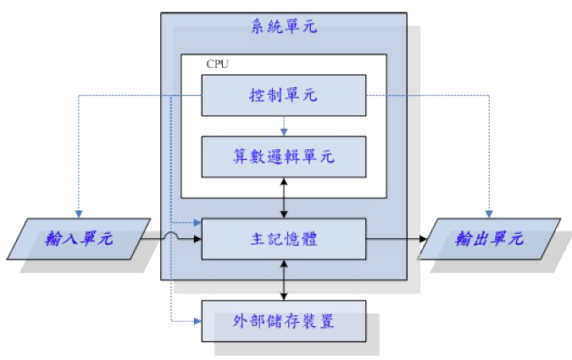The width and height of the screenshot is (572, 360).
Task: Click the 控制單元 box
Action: pos(283,95)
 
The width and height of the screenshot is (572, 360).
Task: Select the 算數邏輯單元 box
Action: pos(283,157)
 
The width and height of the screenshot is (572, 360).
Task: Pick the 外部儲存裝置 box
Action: pos(283,321)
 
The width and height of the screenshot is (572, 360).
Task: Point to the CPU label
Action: pos(218,64)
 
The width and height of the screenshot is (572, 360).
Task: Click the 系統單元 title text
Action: pos(283,26)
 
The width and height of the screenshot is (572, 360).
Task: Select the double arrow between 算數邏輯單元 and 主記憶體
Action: pos(284,197)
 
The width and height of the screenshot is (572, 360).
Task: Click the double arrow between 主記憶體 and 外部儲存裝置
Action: pos(284,280)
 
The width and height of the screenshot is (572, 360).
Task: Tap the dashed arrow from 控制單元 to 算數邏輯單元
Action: pos(284,125)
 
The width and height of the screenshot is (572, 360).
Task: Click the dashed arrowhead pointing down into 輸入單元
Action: pos(78,213)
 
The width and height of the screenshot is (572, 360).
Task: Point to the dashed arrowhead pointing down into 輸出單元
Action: pos(489,213)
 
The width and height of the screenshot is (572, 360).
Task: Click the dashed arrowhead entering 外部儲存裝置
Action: pos(197,321)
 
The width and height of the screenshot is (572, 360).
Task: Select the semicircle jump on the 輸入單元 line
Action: pos(173,237)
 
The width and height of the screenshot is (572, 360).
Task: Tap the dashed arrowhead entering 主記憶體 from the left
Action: pos(197,223)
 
